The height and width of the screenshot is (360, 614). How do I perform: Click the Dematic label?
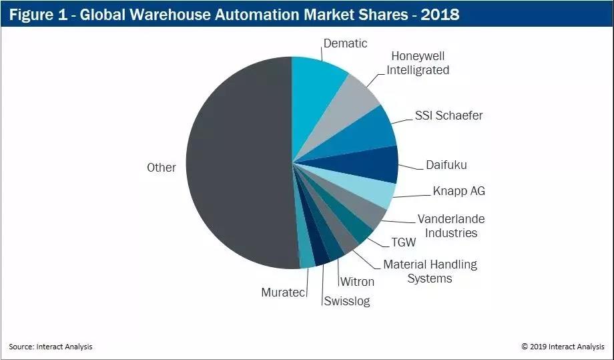[x=345, y=43]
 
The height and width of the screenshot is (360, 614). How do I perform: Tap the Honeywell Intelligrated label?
[x=418, y=63]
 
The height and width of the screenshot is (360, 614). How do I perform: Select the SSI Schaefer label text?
[x=444, y=116]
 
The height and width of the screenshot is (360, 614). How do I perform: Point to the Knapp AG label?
[x=459, y=191]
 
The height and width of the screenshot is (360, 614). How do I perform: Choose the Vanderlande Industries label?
[x=450, y=226]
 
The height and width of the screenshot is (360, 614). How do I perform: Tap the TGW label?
[x=404, y=243]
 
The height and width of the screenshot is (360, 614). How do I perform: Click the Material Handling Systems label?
[x=430, y=271]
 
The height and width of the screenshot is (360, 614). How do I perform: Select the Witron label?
[x=357, y=282]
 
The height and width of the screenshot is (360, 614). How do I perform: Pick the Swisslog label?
[x=347, y=301]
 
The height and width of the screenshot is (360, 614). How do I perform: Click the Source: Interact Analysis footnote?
[x=51, y=346]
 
